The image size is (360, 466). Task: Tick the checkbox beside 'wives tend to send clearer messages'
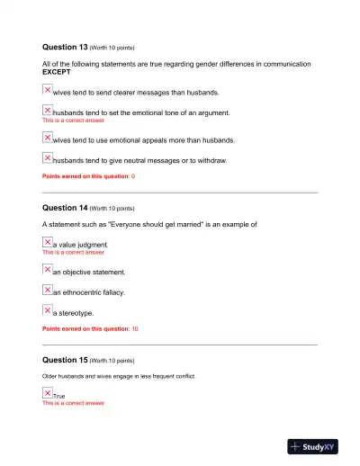tap(48, 90)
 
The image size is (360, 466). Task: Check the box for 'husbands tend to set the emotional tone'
tap(48, 111)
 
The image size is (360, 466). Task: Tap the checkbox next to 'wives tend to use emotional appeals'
tap(48, 138)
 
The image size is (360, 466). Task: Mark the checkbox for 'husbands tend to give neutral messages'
tap(48, 158)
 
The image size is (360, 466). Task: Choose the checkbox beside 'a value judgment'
tap(48, 243)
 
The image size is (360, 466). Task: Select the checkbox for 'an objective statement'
tap(48, 269)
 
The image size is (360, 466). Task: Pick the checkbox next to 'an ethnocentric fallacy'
tap(48, 290)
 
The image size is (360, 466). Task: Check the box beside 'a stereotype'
tap(48, 310)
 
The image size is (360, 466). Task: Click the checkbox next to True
tap(48, 393)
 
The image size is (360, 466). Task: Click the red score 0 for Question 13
tap(133, 176)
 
